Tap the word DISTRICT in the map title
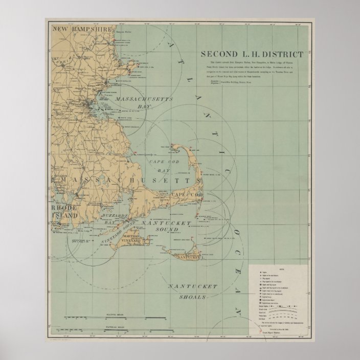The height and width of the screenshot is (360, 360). click(282, 53)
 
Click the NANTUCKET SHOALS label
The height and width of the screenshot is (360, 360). click(187, 291)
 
